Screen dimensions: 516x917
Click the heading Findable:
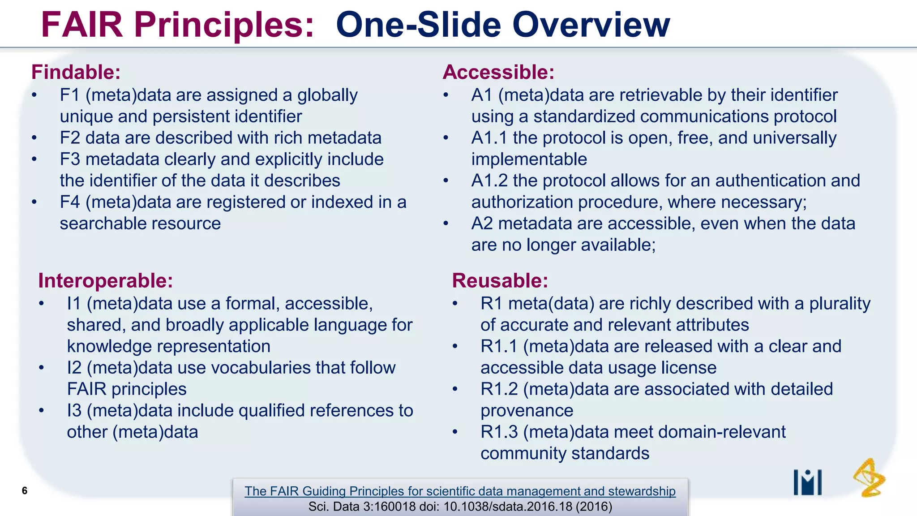[x=76, y=72]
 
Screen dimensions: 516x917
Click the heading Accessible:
[x=498, y=72]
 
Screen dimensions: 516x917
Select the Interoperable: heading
[x=105, y=281]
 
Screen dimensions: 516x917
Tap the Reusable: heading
[x=500, y=281]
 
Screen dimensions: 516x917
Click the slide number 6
[x=25, y=490]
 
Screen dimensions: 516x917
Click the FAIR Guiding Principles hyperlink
[x=460, y=491]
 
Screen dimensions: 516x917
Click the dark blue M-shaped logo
[x=807, y=482]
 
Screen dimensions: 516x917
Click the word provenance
[x=527, y=411]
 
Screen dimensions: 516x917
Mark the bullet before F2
[x=34, y=138]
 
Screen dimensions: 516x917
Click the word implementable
[x=529, y=159]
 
